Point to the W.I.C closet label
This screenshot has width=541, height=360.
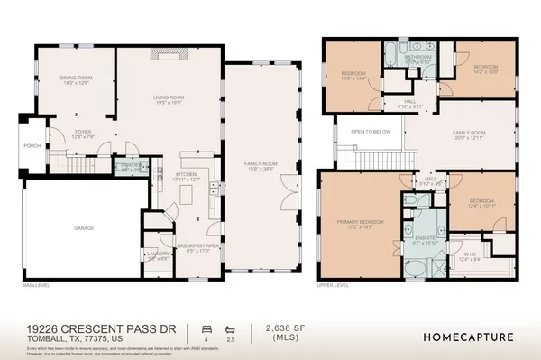pos(470,255)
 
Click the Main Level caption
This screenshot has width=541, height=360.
pos(38,286)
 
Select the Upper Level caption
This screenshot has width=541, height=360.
pos(335,286)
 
